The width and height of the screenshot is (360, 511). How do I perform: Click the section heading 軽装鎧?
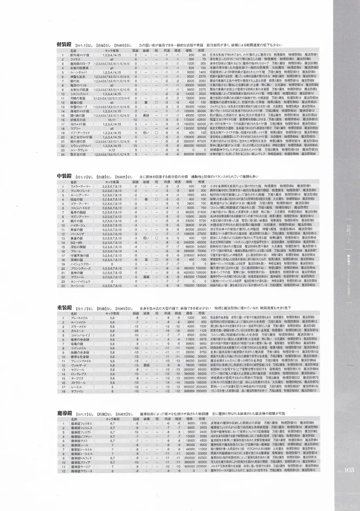click(x=64, y=45)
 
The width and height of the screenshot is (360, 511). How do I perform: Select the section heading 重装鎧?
click(x=64, y=308)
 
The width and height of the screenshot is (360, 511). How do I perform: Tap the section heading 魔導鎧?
click(x=64, y=413)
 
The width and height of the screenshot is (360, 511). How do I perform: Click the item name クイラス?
click(x=75, y=59)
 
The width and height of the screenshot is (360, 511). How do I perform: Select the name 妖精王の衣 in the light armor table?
click(x=78, y=120)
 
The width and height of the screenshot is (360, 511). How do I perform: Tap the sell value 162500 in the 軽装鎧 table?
click(x=201, y=146)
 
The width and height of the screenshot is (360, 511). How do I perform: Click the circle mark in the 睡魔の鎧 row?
click(x=156, y=103)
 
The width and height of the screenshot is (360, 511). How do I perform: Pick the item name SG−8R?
click(x=75, y=242)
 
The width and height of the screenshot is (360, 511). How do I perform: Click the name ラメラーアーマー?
click(x=80, y=186)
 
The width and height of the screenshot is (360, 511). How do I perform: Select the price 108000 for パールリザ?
click(x=189, y=234)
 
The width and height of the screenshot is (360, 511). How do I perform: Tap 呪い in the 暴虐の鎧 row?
click(x=146, y=238)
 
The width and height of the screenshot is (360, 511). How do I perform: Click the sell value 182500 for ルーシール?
click(x=201, y=286)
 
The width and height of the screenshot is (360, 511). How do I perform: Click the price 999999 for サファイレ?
click(x=189, y=391)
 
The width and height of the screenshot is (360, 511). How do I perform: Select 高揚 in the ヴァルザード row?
click(x=146, y=365)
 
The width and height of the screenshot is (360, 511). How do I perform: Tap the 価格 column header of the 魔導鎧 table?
click(x=189, y=419)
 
